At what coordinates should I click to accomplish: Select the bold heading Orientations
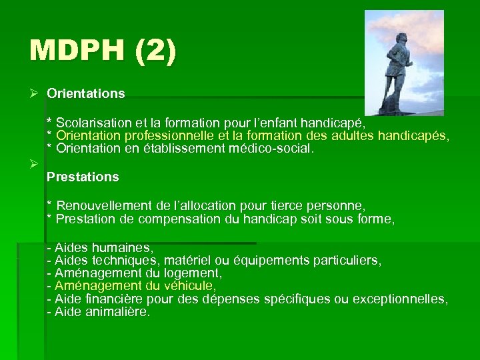click(x=85, y=94)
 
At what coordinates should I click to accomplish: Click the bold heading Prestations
click(x=83, y=177)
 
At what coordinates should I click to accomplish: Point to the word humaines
click(x=127, y=248)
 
